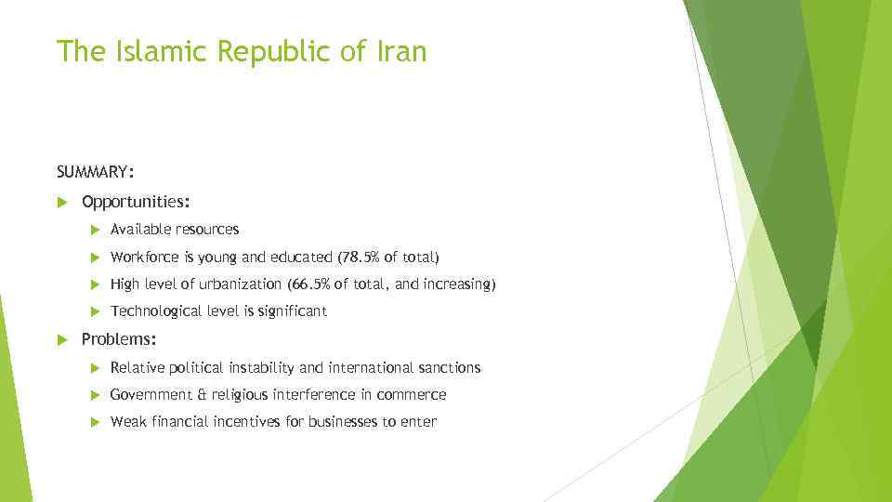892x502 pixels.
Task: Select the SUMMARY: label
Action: (95, 172)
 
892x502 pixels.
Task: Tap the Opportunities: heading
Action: (137, 201)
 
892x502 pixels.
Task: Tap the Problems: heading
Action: (119, 339)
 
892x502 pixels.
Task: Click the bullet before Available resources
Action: (95, 230)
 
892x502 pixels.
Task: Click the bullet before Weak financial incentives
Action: (95, 422)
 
